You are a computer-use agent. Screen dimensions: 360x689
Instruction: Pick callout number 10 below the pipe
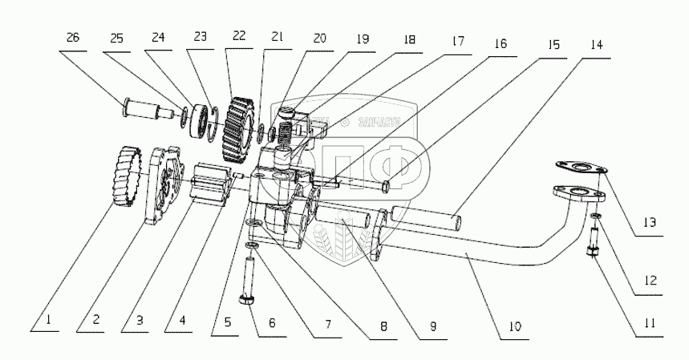pos(514,326)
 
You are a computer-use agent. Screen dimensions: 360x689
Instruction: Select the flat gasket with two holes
pos(580,168)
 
